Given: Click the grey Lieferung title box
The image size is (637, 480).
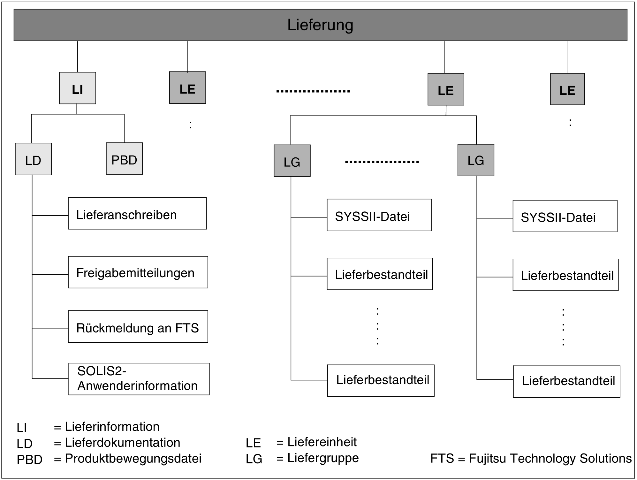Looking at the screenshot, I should click(x=320, y=25).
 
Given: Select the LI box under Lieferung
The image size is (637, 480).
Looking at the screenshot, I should click(x=78, y=88).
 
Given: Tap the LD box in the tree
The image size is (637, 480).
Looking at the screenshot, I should click(x=33, y=159).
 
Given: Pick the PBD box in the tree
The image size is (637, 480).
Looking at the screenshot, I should click(x=124, y=159).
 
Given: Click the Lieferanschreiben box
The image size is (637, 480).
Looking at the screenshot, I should click(x=137, y=213).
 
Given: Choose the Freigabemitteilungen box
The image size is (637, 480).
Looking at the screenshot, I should click(x=138, y=272).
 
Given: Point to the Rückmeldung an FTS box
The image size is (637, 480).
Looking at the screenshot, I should click(x=138, y=327).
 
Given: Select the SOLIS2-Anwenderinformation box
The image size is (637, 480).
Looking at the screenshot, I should click(x=139, y=379).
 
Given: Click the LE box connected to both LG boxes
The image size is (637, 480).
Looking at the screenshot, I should click(x=446, y=89).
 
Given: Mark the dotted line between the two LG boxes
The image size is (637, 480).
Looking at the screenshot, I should click(x=382, y=162).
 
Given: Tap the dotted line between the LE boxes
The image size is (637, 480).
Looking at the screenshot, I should click(x=313, y=91).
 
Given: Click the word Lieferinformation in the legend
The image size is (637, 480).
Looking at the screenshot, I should click(x=112, y=427).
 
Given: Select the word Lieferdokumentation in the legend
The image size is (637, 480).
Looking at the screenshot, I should click(x=123, y=443).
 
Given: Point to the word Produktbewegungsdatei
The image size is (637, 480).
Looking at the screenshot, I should click(x=133, y=459).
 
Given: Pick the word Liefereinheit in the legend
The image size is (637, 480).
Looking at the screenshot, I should click(x=322, y=442).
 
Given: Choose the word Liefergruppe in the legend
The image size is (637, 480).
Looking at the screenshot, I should click(x=323, y=458).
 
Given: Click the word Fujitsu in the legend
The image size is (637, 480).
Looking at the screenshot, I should click(x=488, y=459).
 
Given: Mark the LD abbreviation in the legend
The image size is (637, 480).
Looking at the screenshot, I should click(x=25, y=444).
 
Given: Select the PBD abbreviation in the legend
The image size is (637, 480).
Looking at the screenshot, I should click(x=29, y=460).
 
